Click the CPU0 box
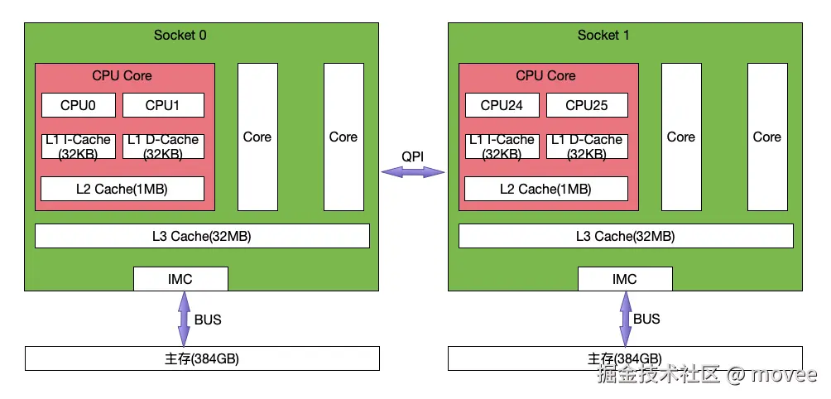point(78,105)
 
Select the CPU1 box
point(162,105)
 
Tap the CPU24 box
point(502,105)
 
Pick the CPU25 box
point(586,105)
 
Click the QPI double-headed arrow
point(413,172)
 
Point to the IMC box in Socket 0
point(180,279)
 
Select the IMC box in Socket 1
point(625,279)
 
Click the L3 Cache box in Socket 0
point(202,236)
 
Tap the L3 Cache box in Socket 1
point(625,236)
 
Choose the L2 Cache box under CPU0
point(122,189)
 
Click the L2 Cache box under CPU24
point(545,189)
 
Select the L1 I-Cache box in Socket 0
point(78,147)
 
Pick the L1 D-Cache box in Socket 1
point(586,147)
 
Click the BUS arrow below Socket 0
point(184,319)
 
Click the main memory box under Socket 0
point(202,358)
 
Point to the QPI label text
point(413,156)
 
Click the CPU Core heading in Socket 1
point(545,75)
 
